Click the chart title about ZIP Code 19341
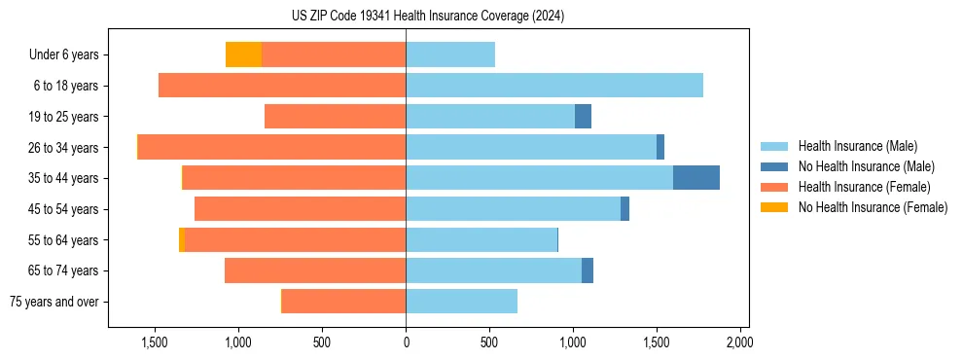coord(427,17)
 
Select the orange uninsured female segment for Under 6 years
coord(243,54)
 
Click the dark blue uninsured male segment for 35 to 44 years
coord(695,178)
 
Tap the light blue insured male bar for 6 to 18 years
coord(554,86)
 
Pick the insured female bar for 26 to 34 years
coord(272,147)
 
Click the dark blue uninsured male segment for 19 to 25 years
coord(583,117)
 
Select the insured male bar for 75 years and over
coord(461,302)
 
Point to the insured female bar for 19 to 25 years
coord(335,117)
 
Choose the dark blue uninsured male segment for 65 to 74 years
coord(588,270)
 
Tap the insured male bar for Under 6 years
coord(450,54)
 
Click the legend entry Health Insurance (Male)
coord(857,146)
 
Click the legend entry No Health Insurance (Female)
coord(873,207)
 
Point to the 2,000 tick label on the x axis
coord(739,342)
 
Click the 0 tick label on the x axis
coord(406,342)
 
